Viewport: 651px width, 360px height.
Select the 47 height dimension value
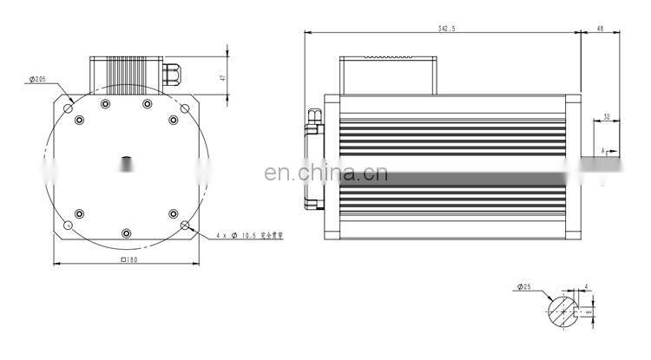222,77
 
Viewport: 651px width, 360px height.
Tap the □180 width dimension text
128,259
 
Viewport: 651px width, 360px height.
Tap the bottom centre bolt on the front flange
127,232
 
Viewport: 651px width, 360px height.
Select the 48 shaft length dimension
600,29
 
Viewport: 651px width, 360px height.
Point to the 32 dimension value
606,115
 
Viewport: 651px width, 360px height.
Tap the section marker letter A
602,150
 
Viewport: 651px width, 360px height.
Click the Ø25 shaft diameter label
524,286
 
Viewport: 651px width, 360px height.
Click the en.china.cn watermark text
325,173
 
